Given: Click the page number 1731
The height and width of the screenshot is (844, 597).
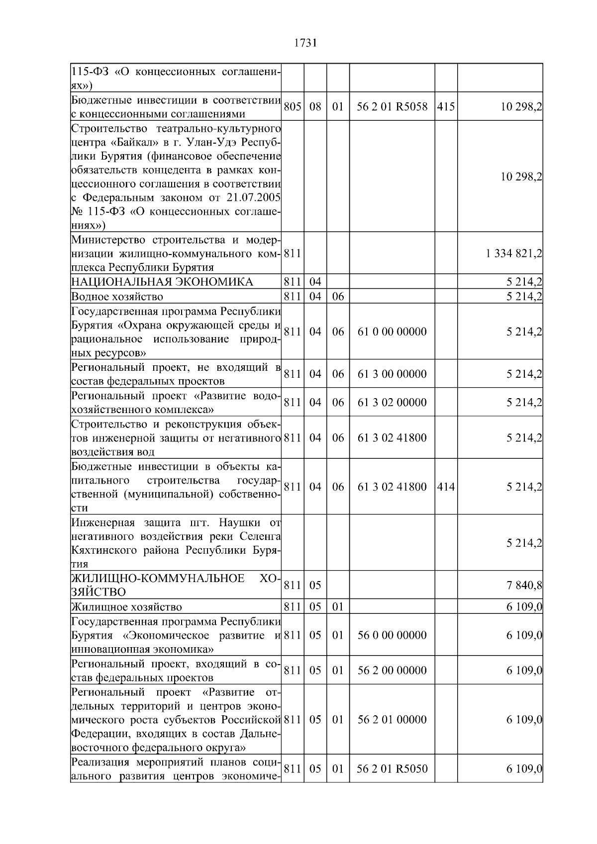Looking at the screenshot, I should click(305, 43).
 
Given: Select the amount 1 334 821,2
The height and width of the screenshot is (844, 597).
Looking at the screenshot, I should click(513, 254).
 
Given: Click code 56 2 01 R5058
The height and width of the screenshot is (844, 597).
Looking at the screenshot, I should click(392, 107).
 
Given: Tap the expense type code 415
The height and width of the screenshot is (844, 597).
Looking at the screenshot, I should click(446, 107).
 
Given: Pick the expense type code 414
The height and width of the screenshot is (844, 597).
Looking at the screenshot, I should click(446, 487).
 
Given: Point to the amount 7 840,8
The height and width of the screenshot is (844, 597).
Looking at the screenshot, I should click(524, 586).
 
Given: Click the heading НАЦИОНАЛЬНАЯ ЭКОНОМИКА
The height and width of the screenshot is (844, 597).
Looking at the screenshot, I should click(162, 282).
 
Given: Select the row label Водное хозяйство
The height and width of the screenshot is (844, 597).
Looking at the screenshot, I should click(117, 297).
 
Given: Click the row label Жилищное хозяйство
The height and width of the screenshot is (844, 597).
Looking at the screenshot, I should click(127, 607).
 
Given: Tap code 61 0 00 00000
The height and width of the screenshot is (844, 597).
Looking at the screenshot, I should click(392, 332).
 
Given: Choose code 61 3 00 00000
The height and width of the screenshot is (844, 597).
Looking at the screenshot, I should click(392, 374).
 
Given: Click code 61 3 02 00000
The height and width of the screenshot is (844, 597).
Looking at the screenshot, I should click(392, 403).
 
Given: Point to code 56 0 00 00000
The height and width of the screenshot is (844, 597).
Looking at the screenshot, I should click(392, 635).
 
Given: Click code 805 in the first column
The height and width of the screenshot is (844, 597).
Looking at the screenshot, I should click(293, 107).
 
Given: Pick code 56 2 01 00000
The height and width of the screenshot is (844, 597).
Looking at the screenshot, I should click(392, 720).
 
